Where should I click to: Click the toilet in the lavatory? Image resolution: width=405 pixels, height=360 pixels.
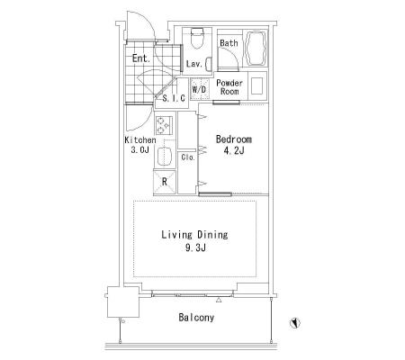[197, 39]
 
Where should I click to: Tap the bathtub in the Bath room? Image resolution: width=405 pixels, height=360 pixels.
[256, 48]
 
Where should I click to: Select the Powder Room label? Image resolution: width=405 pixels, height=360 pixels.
[229, 87]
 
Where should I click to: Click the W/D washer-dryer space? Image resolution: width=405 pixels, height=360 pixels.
[200, 89]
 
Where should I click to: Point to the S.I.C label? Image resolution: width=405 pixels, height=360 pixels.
[174, 98]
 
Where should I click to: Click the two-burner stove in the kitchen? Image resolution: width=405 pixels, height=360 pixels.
[164, 125]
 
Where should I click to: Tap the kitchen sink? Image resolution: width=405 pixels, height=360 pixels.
[164, 157]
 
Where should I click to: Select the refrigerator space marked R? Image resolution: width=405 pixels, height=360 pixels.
[165, 182]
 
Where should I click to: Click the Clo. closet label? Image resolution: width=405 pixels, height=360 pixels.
[188, 157]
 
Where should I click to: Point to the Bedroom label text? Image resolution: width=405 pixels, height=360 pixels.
[234, 139]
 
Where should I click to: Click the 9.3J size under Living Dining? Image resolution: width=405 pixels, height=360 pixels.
[195, 247]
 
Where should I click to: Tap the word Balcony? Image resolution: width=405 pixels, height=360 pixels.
[196, 318]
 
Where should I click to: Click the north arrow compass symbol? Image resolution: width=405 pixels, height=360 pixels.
[295, 322]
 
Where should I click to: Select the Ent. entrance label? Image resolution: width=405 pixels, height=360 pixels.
[141, 58]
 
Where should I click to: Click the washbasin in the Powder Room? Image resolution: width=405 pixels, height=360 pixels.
[256, 86]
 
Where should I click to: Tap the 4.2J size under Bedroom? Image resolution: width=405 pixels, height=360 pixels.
[234, 150]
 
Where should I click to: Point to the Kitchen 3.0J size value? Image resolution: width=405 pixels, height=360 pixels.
[140, 149]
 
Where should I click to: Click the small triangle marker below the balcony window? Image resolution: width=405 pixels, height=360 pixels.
[219, 300]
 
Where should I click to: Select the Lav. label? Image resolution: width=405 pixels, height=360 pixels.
[194, 64]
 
